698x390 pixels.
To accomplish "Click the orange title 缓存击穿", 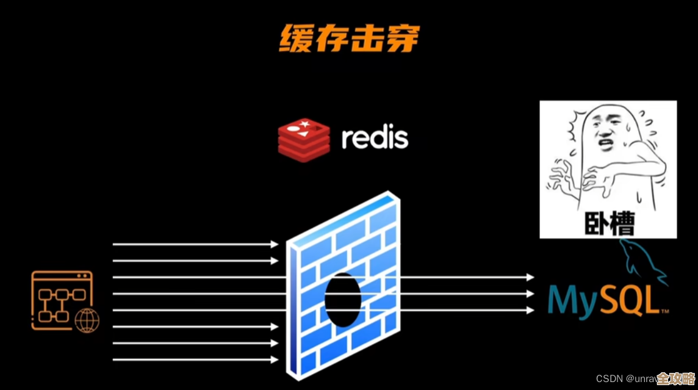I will point(349,38).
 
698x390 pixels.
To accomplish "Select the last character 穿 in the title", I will point(402,38).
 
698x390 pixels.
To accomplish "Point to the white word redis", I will point(375,138).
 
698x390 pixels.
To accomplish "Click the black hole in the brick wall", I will point(342,299).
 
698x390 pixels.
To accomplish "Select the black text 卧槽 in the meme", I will point(609,223).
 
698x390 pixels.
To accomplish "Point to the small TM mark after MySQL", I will point(665,311).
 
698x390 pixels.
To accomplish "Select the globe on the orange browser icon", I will point(87,320).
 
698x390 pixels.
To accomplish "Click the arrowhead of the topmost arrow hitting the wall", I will point(275,245).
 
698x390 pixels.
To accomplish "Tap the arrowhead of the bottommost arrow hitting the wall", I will point(275,359).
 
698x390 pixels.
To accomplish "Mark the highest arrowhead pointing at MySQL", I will point(530,277).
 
